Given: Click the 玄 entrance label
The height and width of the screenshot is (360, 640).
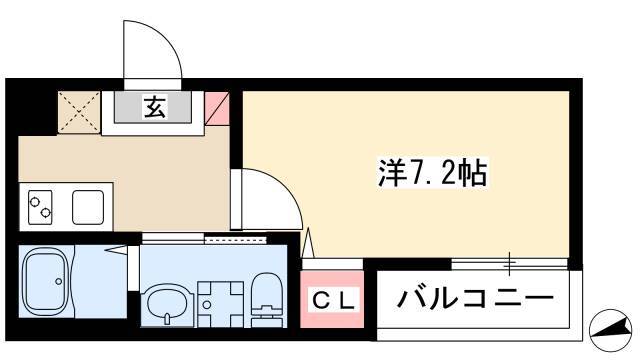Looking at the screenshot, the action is (x=155, y=108).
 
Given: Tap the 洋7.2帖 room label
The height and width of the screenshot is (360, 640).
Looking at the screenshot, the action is (x=432, y=172).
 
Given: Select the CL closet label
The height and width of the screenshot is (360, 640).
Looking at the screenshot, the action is (x=333, y=301).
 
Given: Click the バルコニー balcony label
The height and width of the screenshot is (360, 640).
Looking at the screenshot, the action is (x=476, y=299).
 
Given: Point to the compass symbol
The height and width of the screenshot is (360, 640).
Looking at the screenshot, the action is (x=610, y=330).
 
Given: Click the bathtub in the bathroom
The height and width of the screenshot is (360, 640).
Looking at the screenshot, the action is (x=46, y=281).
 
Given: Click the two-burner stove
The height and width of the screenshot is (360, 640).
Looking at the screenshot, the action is (x=40, y=207).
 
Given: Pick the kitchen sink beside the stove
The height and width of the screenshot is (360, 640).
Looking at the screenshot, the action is (x=88, y=207).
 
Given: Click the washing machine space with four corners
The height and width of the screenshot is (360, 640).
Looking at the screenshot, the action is (x=220, y=304).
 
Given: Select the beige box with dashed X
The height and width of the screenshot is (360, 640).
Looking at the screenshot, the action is (x=79, y=112).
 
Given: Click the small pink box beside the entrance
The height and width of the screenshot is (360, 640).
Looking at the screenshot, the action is (x=216, y=108).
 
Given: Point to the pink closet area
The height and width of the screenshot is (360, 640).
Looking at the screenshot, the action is (x=332, y=299).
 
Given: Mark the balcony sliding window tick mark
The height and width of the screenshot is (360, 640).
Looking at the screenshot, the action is (x=510, y=264).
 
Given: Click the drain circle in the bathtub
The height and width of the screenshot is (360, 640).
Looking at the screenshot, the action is (x=59, y=281).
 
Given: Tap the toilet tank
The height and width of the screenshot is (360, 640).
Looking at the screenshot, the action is (x=267, y=320).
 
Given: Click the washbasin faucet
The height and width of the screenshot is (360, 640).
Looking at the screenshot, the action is (x=167, y=317).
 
